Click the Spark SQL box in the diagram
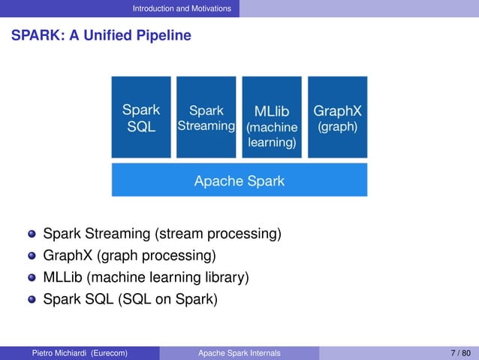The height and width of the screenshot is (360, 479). pyautogui.click(x=141, y=116)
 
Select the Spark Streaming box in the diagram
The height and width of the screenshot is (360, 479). pyautogui.click(x=206, y=116)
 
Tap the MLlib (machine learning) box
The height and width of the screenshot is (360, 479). pyautogui.click(x=272, y=116)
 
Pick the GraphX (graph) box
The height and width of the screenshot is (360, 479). pyautogui.click(x=337, y=116)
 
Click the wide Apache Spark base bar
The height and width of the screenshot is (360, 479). pyautogui.click(x=239, y=180)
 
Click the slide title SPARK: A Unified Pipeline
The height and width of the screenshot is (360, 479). pyautogui.click(x=101, y=35)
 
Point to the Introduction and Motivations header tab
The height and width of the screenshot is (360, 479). pyautogui.click(x=182, y=8)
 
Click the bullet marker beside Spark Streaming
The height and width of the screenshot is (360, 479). pyautogui.click(x=31, y=234)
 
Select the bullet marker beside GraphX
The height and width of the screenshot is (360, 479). pyautogui.click(x=31, y=256)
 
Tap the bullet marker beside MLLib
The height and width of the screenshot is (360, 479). pyautogui.click(x=31, y=279)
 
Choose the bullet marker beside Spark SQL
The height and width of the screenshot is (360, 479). pyautogui.click(x=31, y=301)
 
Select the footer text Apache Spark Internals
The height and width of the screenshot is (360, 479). pyautogui.click(x=239, y=352)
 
